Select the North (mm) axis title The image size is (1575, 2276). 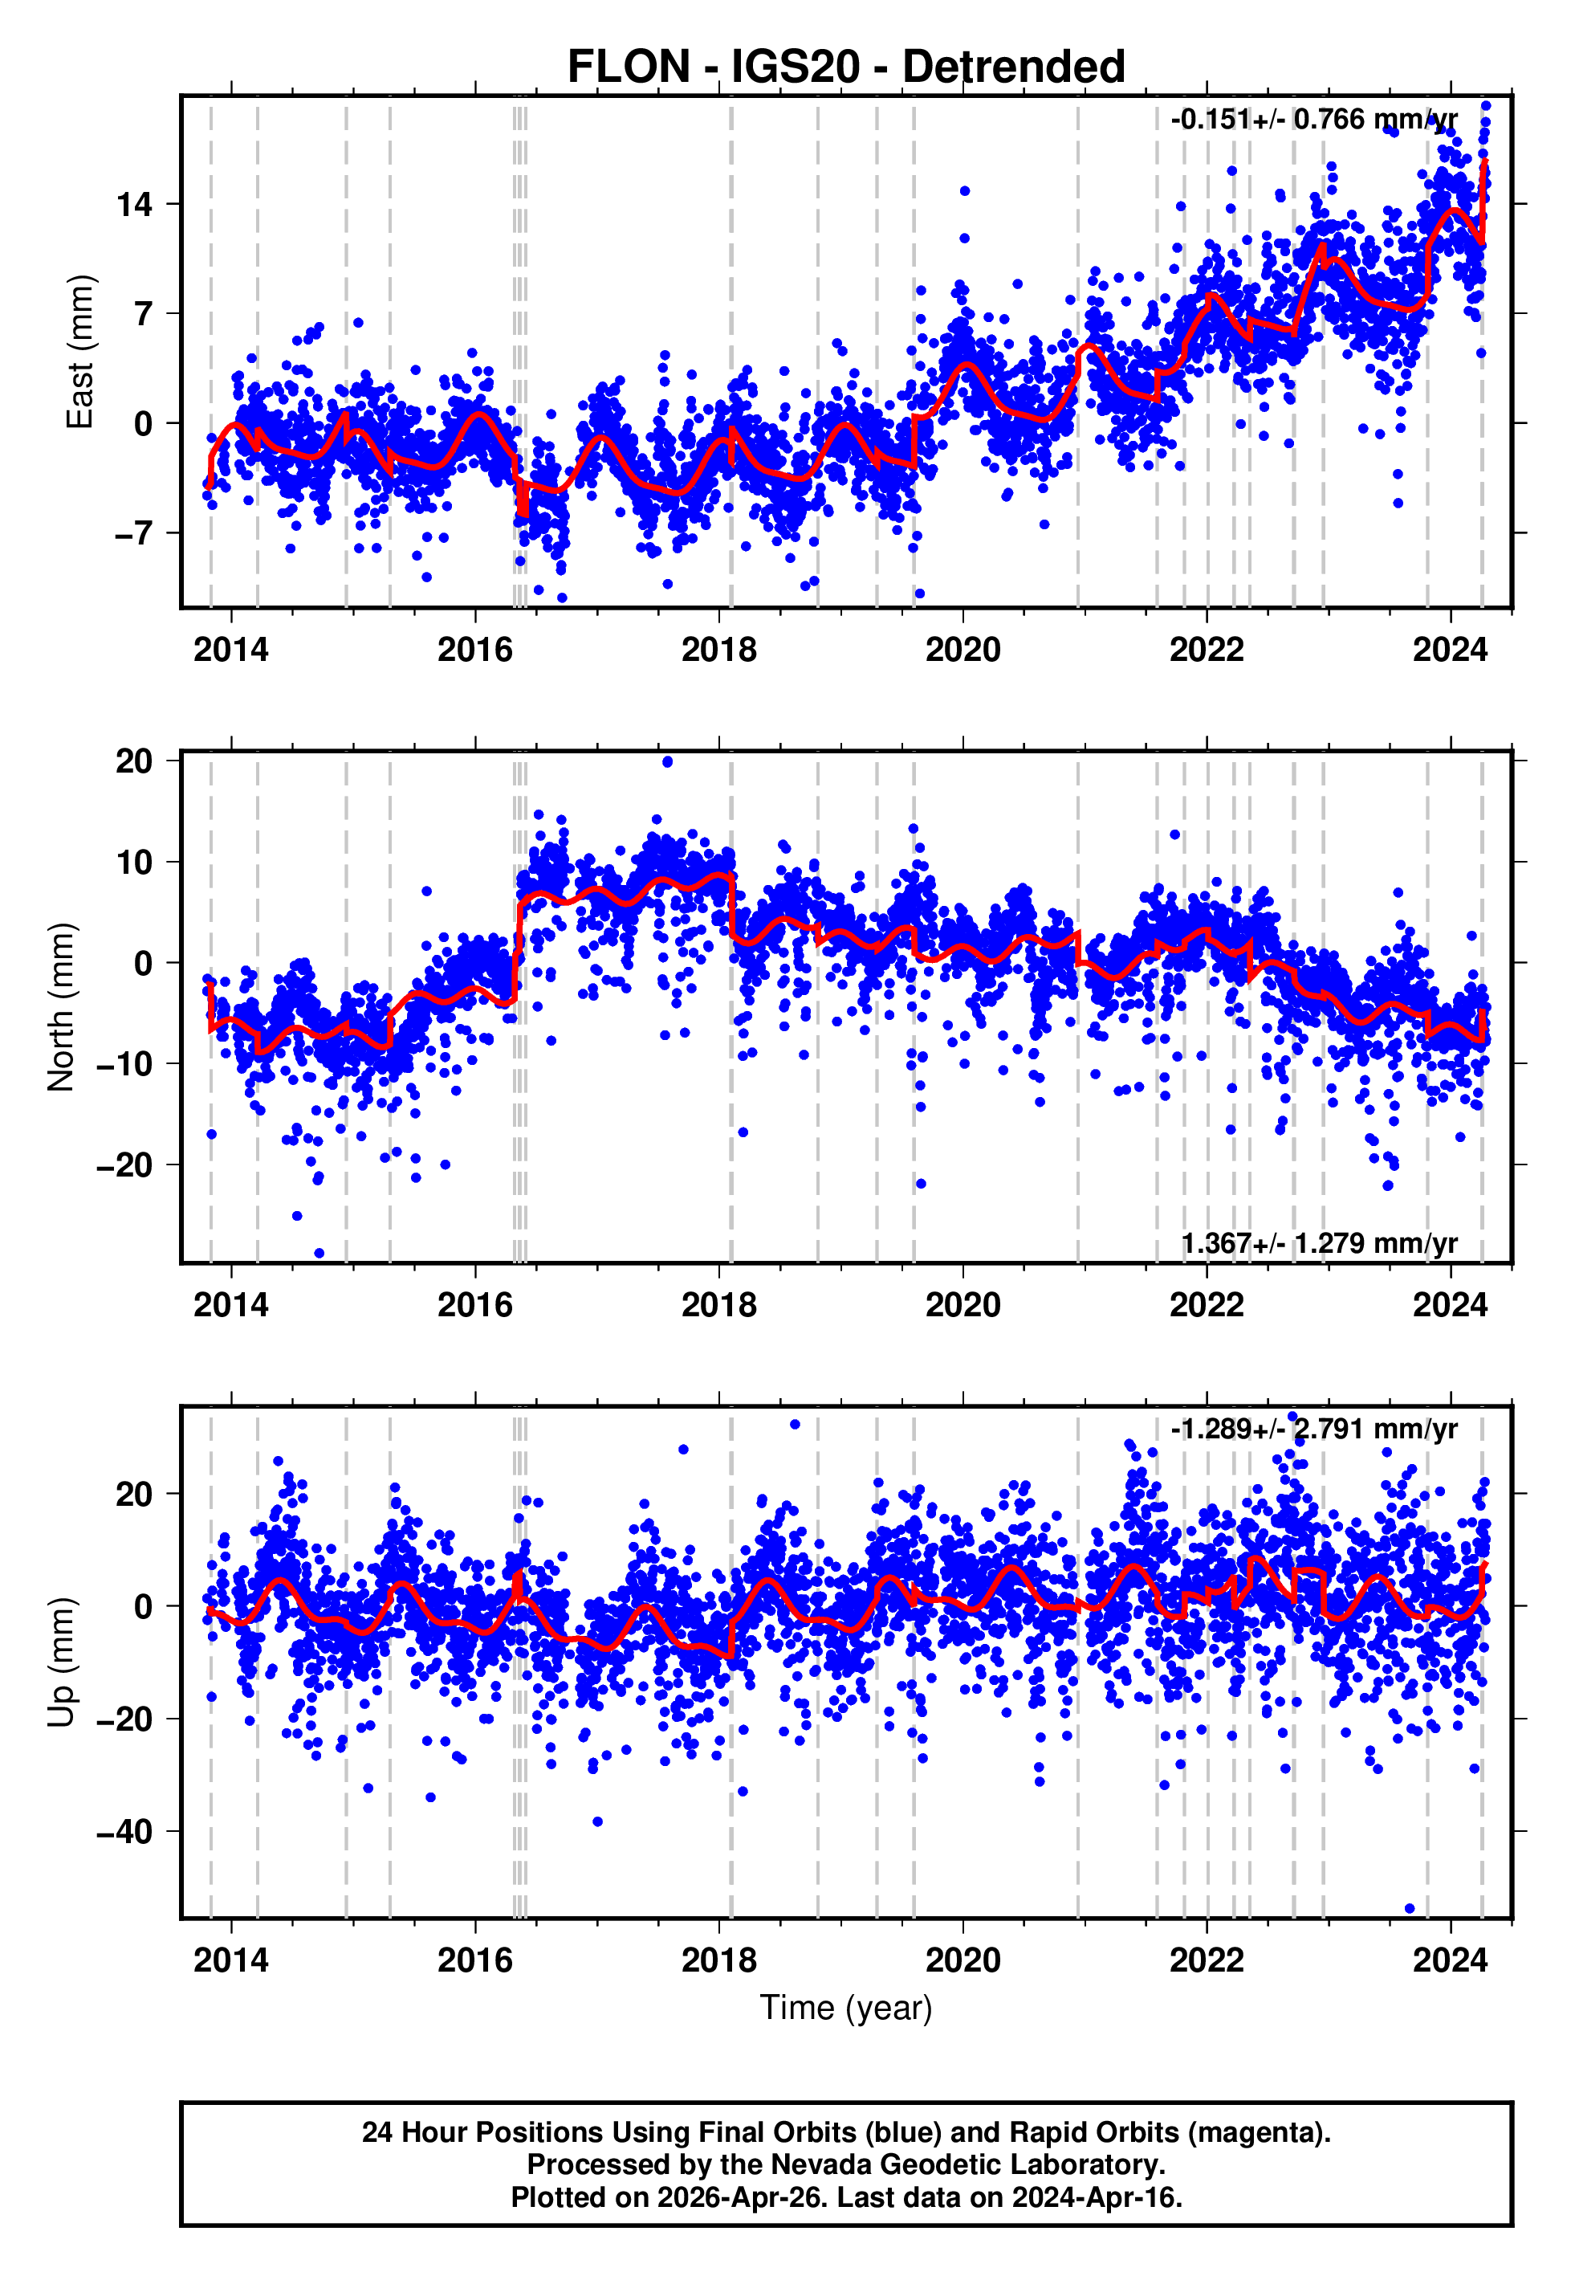pyautogui.click(x=61, y=1007)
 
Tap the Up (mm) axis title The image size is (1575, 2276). pyautogui.click(x=61, y=1662)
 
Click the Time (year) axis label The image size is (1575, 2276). pyautogui.click(x=846, y=2008)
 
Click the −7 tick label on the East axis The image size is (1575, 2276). pyautogui.click(x=132, y=534)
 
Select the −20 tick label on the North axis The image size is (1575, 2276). pyautogui.click(x=124, y=1165)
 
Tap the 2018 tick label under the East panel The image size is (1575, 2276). pyautogui.click(x=718, y=651)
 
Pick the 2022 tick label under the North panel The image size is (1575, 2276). pyautogui.click(x=1206, y=1306)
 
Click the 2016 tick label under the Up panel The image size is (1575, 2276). pyautogui.click(x=474, y=1960)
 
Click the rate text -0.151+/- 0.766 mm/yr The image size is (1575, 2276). pyautogui.click(x=1313, y=120)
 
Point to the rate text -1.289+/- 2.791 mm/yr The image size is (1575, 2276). pyautogui.click(x=1313, y=1430)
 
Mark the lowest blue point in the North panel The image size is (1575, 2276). pyautogui.click(x=319, y=1254)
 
